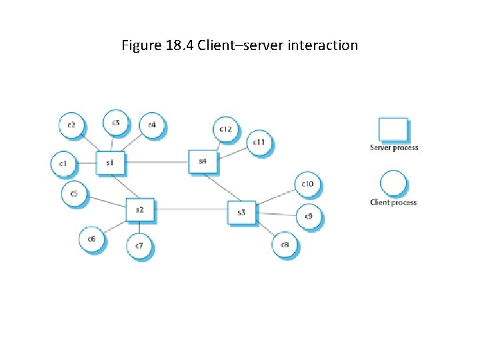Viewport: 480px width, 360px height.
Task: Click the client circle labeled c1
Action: pyautogui.click(x=64, y=163)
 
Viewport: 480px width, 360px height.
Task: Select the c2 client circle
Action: pyautogui.click(x=71, y=125)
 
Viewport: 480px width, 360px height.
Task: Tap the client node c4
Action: pyautogui.click(x=152, y=125)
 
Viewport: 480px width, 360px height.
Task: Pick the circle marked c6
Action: pyautogui.click(x=91, y=239)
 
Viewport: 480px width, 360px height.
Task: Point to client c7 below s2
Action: pyautogui.click(x=139, y=246)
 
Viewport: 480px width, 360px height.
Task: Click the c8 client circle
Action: pyautogui.click(x=285, y=245)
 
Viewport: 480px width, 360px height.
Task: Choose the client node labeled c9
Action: pyautogui.click(x=309, y=217)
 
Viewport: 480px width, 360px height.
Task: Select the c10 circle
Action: pyautogui.click(x=308, y=184)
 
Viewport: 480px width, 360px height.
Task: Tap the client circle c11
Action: pyautogui.click(x=259, y=143)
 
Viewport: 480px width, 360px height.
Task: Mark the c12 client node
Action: pyautogui.click(x=227, y=129)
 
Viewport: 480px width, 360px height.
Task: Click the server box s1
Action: pyautogui.click(x=109, y=163)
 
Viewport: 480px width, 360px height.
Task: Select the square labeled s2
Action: pyautogui.click(x=140, y=210)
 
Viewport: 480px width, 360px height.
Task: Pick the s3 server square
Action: pyautogui.click(x=241, y=213)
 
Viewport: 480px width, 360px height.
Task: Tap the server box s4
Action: pyautogui.click(x=202, y=161)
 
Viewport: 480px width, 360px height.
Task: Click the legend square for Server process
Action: pyautogui.click(x=393, y=129)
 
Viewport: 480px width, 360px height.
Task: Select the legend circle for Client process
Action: pyautogui.click(x=393, y=183)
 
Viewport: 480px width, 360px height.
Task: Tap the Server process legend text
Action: pyautogui.click(x=394, y=148)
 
